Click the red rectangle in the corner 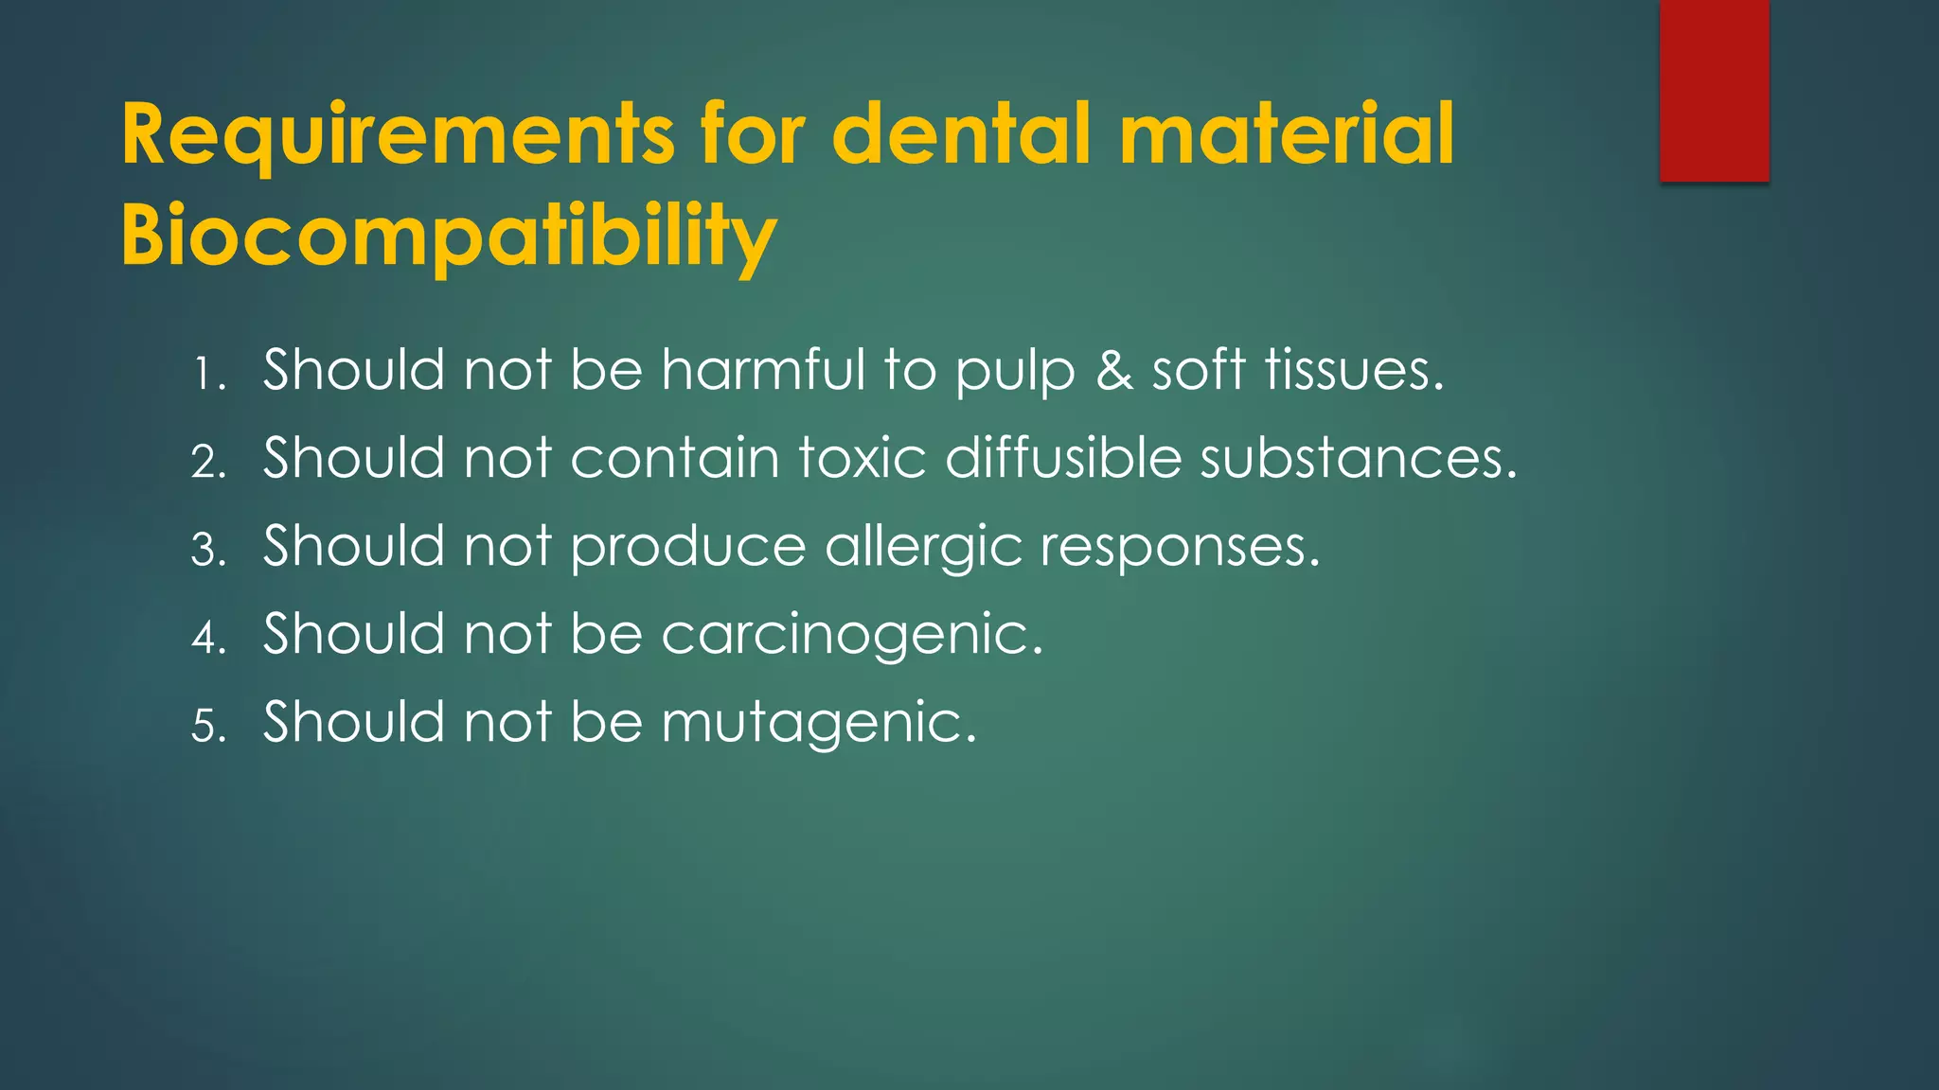click(1714, 91)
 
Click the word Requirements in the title click(398, 135)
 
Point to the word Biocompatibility click(449, 237)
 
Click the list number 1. click(207, 374)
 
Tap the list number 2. click(207, 462)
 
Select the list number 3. click(207, 550)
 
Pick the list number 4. click(207, 638)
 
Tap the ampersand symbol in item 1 click(1114, 370)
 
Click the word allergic click(923, 548)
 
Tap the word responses click(1180, 548)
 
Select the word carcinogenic click(852, 635)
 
